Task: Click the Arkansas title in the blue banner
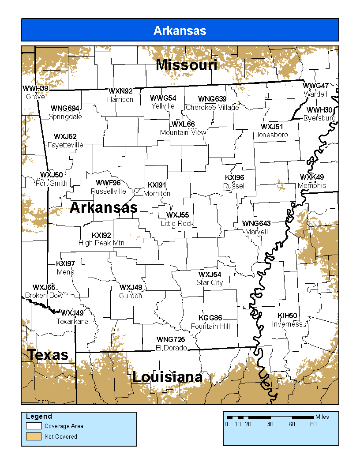(180, 30)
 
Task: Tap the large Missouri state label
(187, 65)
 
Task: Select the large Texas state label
(48, 354)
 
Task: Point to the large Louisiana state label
(167, 377)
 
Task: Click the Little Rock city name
(177, 223)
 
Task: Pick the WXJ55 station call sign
(177, 215)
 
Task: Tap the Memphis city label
(311, 185)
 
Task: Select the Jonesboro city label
(271, 135)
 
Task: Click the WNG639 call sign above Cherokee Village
(212, 99)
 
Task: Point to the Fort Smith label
(51, 183)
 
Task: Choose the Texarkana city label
(72, 321)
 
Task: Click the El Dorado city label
(171, 348)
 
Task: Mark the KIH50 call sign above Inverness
(287, 316)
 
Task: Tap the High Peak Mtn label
(101, 243)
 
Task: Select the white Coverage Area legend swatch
(34, 426)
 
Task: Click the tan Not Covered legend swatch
(34, 437)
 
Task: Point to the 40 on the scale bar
(270, 425)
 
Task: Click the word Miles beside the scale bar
(322, 417)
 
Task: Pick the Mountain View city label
(183, 132)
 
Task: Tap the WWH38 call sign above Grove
(35, 88)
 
